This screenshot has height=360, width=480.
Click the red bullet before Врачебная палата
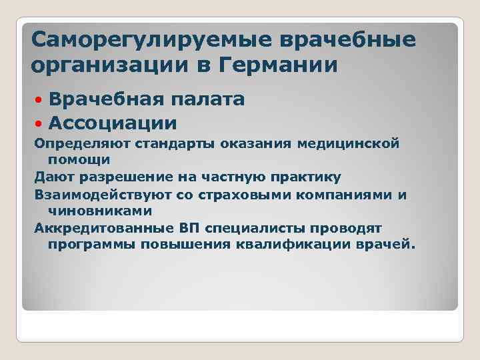[x=39, y=100]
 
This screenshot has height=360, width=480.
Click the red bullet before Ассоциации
[x=39, y=123]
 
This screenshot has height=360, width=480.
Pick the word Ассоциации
[x=113, y=123]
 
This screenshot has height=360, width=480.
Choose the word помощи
[x=79, y=160]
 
